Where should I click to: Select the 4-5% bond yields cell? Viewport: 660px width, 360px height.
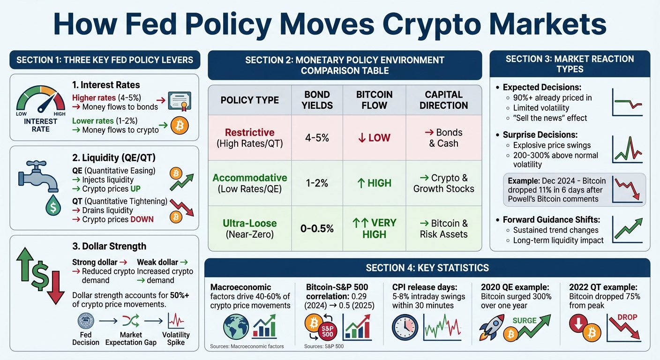point(317,138)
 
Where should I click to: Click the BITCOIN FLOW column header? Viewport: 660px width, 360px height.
point(374,100)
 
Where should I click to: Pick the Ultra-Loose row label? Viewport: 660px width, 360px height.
point(249,223)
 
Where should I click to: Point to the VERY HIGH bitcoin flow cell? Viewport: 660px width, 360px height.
point(374,228)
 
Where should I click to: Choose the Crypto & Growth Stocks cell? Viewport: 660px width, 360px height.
point(443,183)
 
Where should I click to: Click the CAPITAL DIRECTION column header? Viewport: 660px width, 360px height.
point(443,100)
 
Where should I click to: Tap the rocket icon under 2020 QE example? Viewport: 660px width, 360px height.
point(491,327)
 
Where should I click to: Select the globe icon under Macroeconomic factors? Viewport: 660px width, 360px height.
point(236,326)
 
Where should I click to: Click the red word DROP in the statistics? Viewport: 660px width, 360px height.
point(627,317)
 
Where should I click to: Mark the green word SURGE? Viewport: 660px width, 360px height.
point(525,321)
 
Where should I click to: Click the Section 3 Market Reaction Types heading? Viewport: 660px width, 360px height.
point(570,64)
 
